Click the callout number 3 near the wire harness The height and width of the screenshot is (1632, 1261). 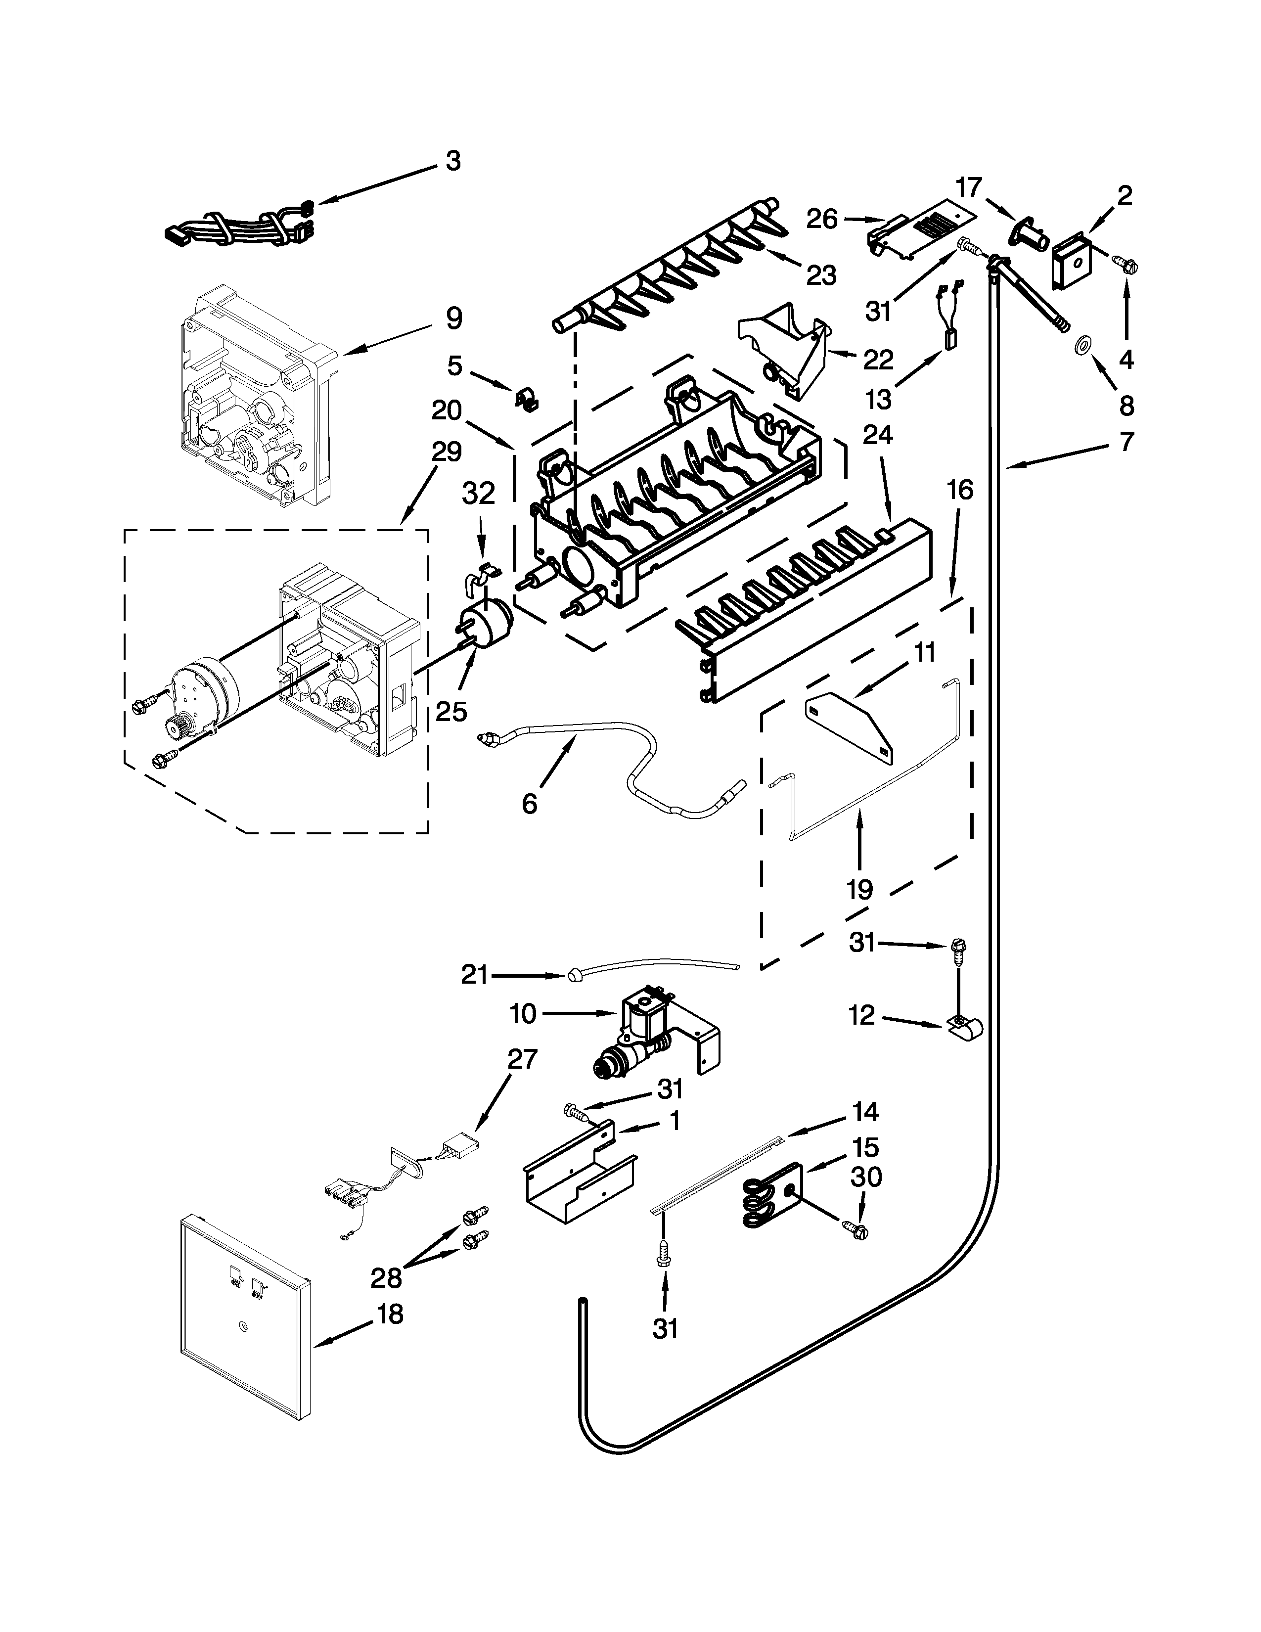tap(453, 161)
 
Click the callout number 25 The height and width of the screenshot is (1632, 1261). tap(451, 711)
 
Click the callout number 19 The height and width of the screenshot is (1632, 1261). tap(860, 889)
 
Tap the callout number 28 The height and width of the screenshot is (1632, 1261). tap(386, 1278)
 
